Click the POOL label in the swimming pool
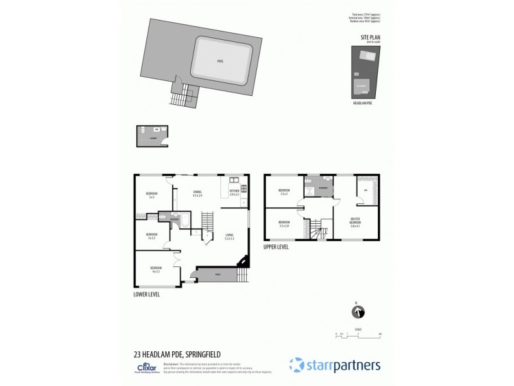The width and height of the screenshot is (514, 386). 220,62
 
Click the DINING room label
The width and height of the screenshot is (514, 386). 198,192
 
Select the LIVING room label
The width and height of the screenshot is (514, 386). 229,236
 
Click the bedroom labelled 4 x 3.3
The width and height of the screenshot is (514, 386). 155,269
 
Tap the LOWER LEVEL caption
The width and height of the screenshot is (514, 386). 146,294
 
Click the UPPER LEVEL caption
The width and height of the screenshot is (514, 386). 276,246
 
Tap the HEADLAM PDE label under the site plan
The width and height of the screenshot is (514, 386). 364,103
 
